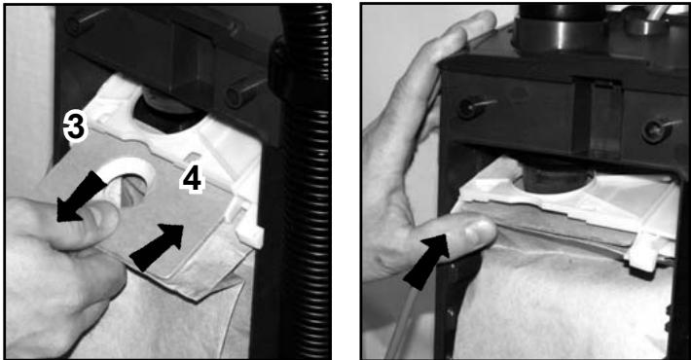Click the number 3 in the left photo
coord(75,126)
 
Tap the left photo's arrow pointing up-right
coord(157,247)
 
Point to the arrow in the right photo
coord(425,262)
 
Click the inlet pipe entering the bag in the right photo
coord(557,176)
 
